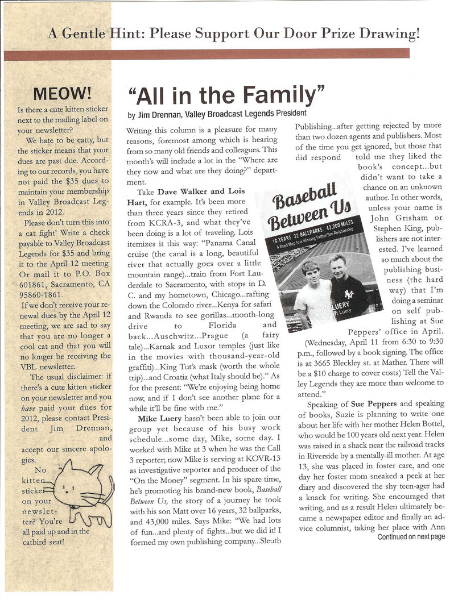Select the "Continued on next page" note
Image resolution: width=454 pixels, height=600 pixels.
click(410, 536)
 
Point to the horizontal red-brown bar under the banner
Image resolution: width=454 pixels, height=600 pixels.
click(206, 54)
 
